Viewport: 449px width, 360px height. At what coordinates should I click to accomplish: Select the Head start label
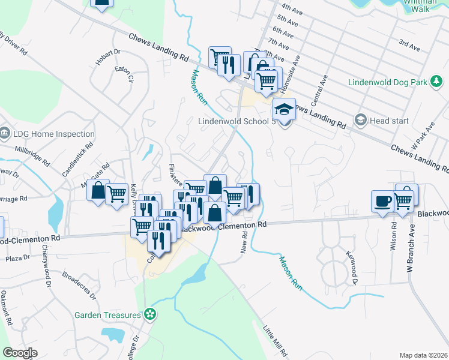(389, 121)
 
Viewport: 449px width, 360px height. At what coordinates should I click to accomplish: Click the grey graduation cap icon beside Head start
(360, 120)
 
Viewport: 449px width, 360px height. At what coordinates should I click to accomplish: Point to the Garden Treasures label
(107, 314)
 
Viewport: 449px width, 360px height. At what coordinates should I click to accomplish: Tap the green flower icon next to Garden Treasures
(149, 314)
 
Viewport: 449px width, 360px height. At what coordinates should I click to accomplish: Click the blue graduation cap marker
(284, 109)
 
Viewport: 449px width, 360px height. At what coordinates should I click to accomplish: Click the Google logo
(20, 353)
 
